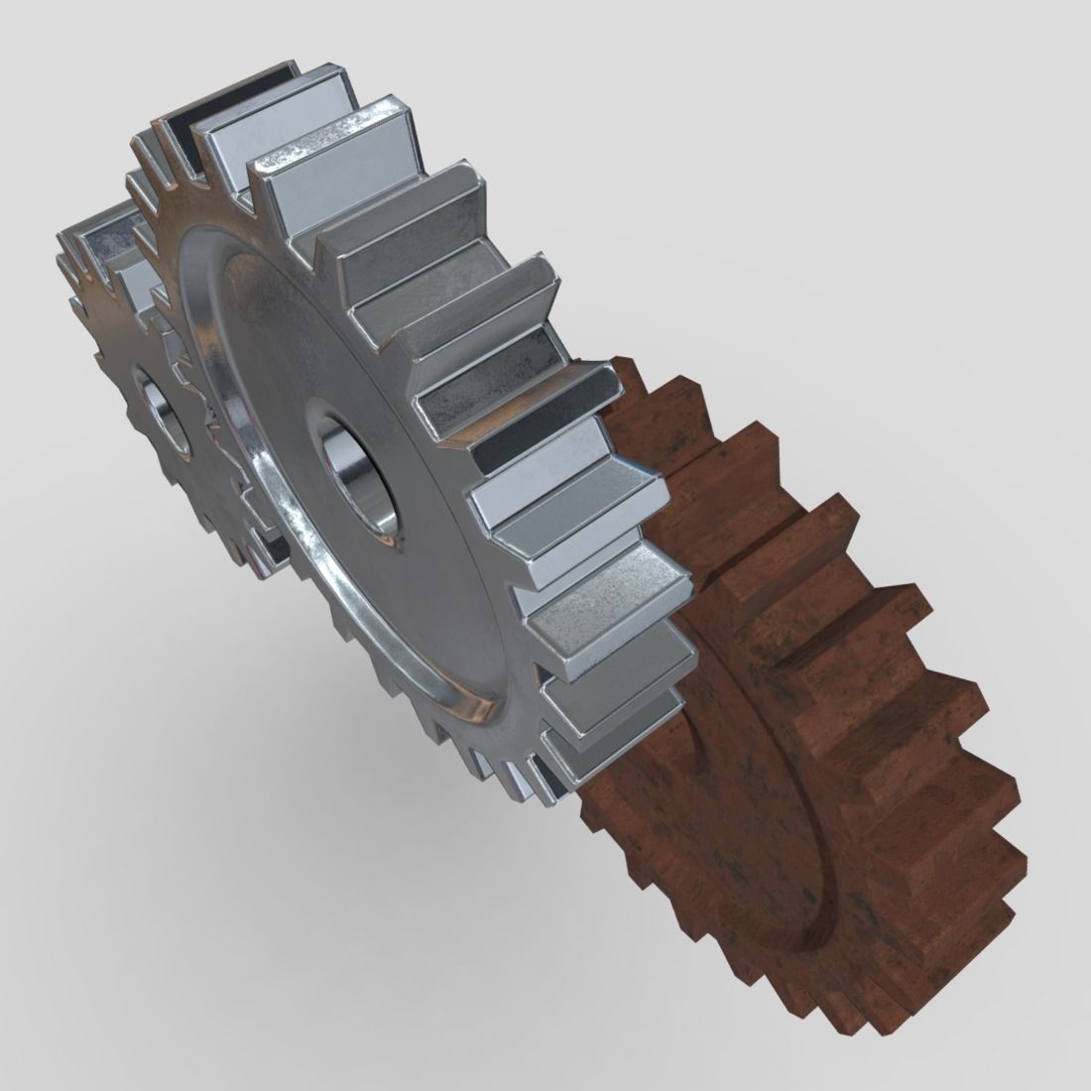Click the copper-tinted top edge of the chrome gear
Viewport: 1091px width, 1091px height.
(x=169, y=124)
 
